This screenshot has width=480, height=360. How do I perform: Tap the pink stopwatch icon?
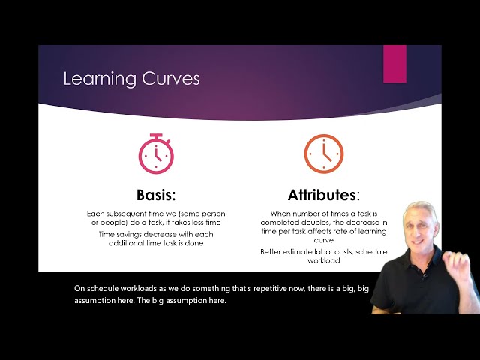click(155, 154)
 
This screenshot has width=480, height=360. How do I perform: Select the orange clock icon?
click(323, 154)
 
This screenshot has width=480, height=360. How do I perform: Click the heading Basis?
click(155, 195)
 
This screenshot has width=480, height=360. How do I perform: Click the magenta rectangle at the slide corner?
click(394, 64)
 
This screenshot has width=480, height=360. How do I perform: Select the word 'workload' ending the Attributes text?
click(323, 260)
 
